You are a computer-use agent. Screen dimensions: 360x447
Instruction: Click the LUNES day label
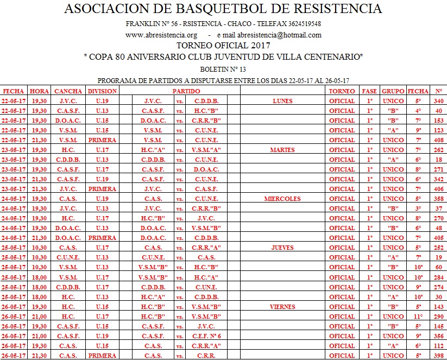coord(282,101)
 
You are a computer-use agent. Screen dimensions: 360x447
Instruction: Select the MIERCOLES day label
coord(282,199)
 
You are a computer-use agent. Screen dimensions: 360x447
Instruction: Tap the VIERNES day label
coord(282,307)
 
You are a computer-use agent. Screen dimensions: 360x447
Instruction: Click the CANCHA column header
coord(68,91)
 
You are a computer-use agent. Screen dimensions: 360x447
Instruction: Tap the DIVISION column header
coord(102,91)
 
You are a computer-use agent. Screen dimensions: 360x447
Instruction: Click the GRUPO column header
coord(393,91)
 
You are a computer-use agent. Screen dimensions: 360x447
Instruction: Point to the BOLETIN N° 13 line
coord(223,69)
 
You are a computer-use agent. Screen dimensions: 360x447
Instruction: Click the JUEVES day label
coord(282,248)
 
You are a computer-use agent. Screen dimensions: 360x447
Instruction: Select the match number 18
coord(438,160)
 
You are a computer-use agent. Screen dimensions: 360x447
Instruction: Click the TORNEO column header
coord(342,91)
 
